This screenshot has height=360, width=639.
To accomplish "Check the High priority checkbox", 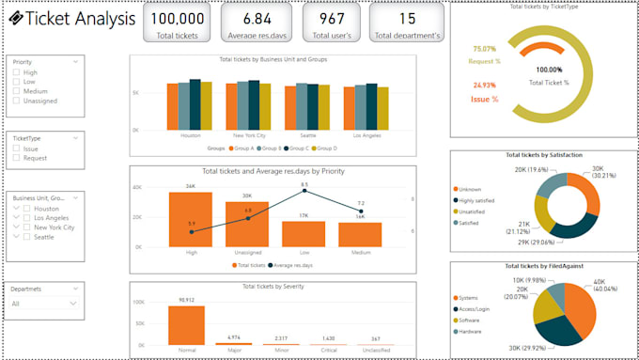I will click(x=17, y=72).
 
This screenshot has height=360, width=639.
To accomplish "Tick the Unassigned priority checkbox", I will click(x=17, y=101).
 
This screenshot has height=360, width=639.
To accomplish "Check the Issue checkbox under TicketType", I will click(x=17, y=149).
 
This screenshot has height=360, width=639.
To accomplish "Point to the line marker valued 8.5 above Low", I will click(x=304, y=194).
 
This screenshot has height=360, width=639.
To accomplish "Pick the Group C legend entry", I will click(x=299, y=149).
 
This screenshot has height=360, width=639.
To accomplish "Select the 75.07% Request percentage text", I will click(x=485, y=55).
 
